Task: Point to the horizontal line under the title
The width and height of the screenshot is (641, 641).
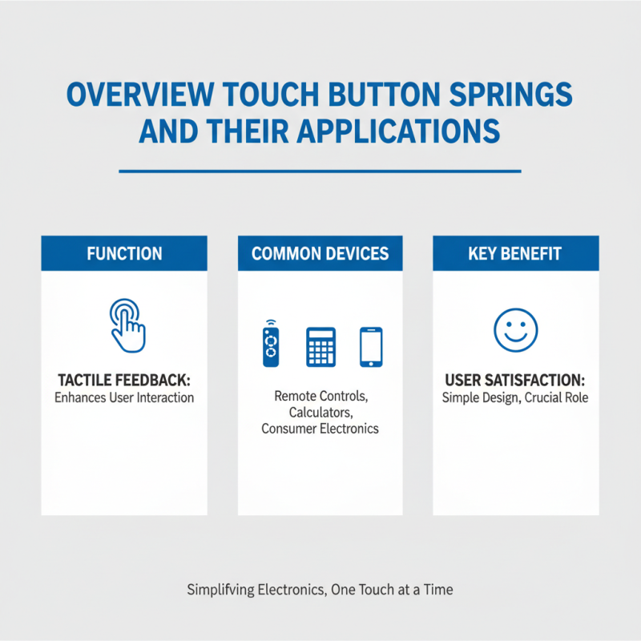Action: (320, 171)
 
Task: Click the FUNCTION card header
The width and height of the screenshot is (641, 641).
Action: (124, 254)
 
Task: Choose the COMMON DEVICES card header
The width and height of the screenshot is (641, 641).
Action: (320, 254)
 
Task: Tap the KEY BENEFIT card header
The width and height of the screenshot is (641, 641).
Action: (516, 254)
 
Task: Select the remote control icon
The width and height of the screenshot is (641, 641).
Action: (269, 344)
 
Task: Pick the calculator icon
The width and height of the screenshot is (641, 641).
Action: (320, 345)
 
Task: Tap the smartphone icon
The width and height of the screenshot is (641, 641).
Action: (371, 345)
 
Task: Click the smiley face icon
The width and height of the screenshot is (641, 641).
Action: (515, 330)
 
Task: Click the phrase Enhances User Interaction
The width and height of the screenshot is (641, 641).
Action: (124, 397)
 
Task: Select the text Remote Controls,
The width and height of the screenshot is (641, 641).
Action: (320, 396)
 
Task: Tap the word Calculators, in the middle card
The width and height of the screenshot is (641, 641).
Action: (320, 412)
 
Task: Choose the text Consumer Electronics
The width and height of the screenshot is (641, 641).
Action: (320, 429)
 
